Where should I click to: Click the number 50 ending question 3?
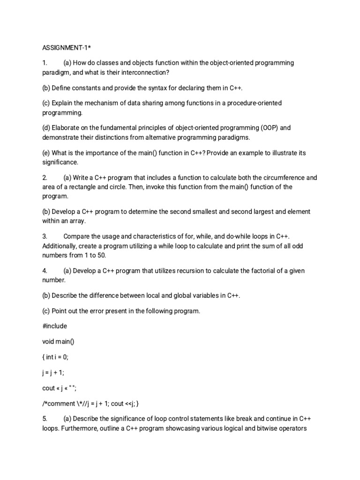click(101, 255)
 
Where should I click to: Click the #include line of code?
click(55, 326)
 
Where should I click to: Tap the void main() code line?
click(59, 341)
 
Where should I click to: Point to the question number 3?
click(45, 237)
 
